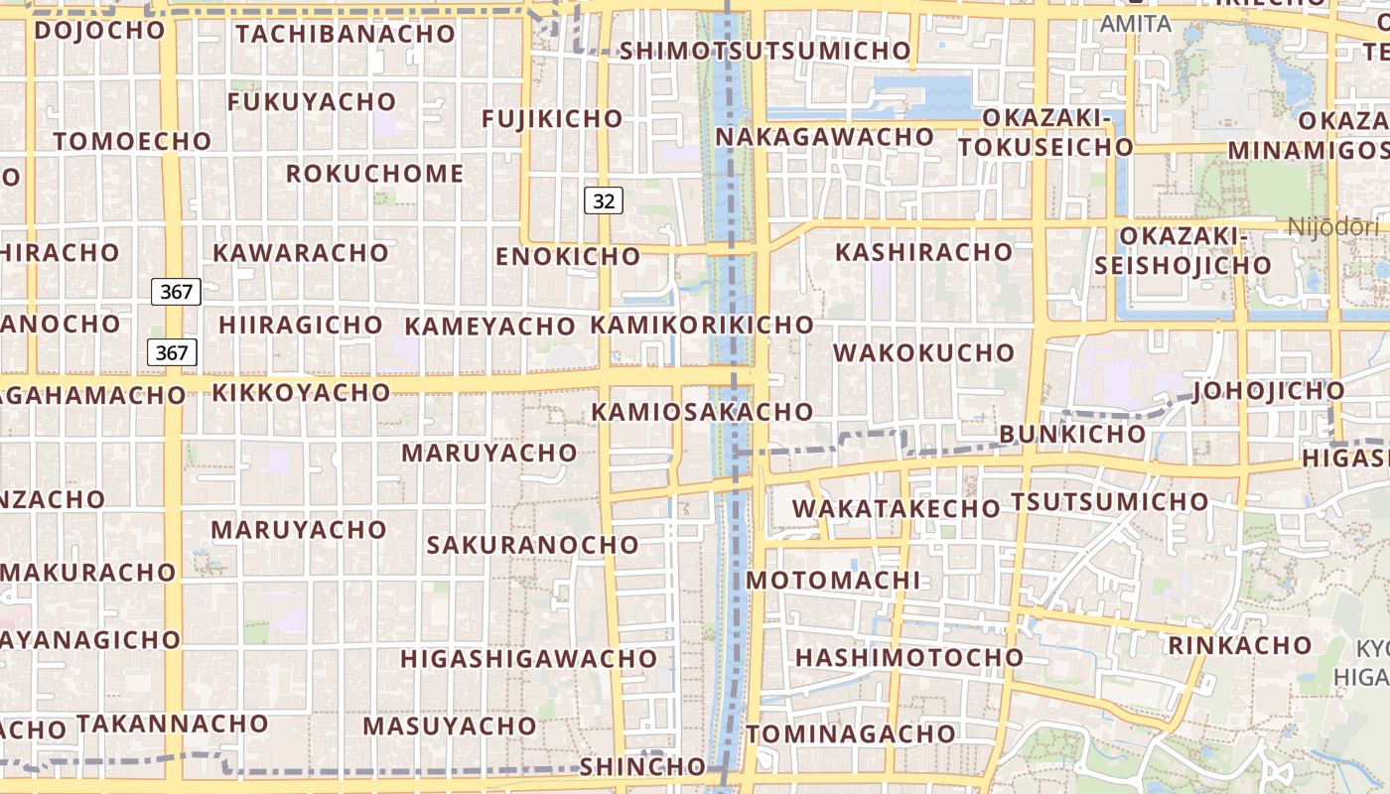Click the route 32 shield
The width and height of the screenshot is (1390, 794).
click(x=603, y=201)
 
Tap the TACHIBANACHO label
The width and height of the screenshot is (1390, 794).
click(x=346, y=33)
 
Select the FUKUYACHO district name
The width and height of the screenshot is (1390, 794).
click(x=312, y=102)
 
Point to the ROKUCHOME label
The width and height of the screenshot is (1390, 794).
click(x=374, y=174)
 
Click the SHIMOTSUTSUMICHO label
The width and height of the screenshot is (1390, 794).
click(x=764, y=51)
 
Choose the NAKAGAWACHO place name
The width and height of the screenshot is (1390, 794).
click(x=824, y=136)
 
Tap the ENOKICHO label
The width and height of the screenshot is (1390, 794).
click(x=568, y=256)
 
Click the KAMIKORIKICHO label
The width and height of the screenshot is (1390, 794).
click(x=702, y=325)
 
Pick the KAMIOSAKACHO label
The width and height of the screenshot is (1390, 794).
click(x=702, y=411)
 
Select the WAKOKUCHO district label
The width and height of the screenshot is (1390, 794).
click(x=923, y=352)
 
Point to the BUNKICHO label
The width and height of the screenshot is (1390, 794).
click(x=1072, y=434)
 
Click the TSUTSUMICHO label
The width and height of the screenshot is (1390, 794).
click(x=1109, y=501)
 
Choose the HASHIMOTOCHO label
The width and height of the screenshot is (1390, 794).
click(x=908, y=657)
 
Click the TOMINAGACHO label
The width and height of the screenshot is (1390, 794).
click(x=851, y=734)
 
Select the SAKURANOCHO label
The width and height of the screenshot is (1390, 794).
click(x=532, y=545)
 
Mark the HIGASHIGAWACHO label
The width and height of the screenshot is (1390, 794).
click(x=528, y=658)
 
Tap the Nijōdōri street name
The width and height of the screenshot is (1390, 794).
click(x=1333, y=227)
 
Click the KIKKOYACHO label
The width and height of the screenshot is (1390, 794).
click(x=301, y=392)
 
